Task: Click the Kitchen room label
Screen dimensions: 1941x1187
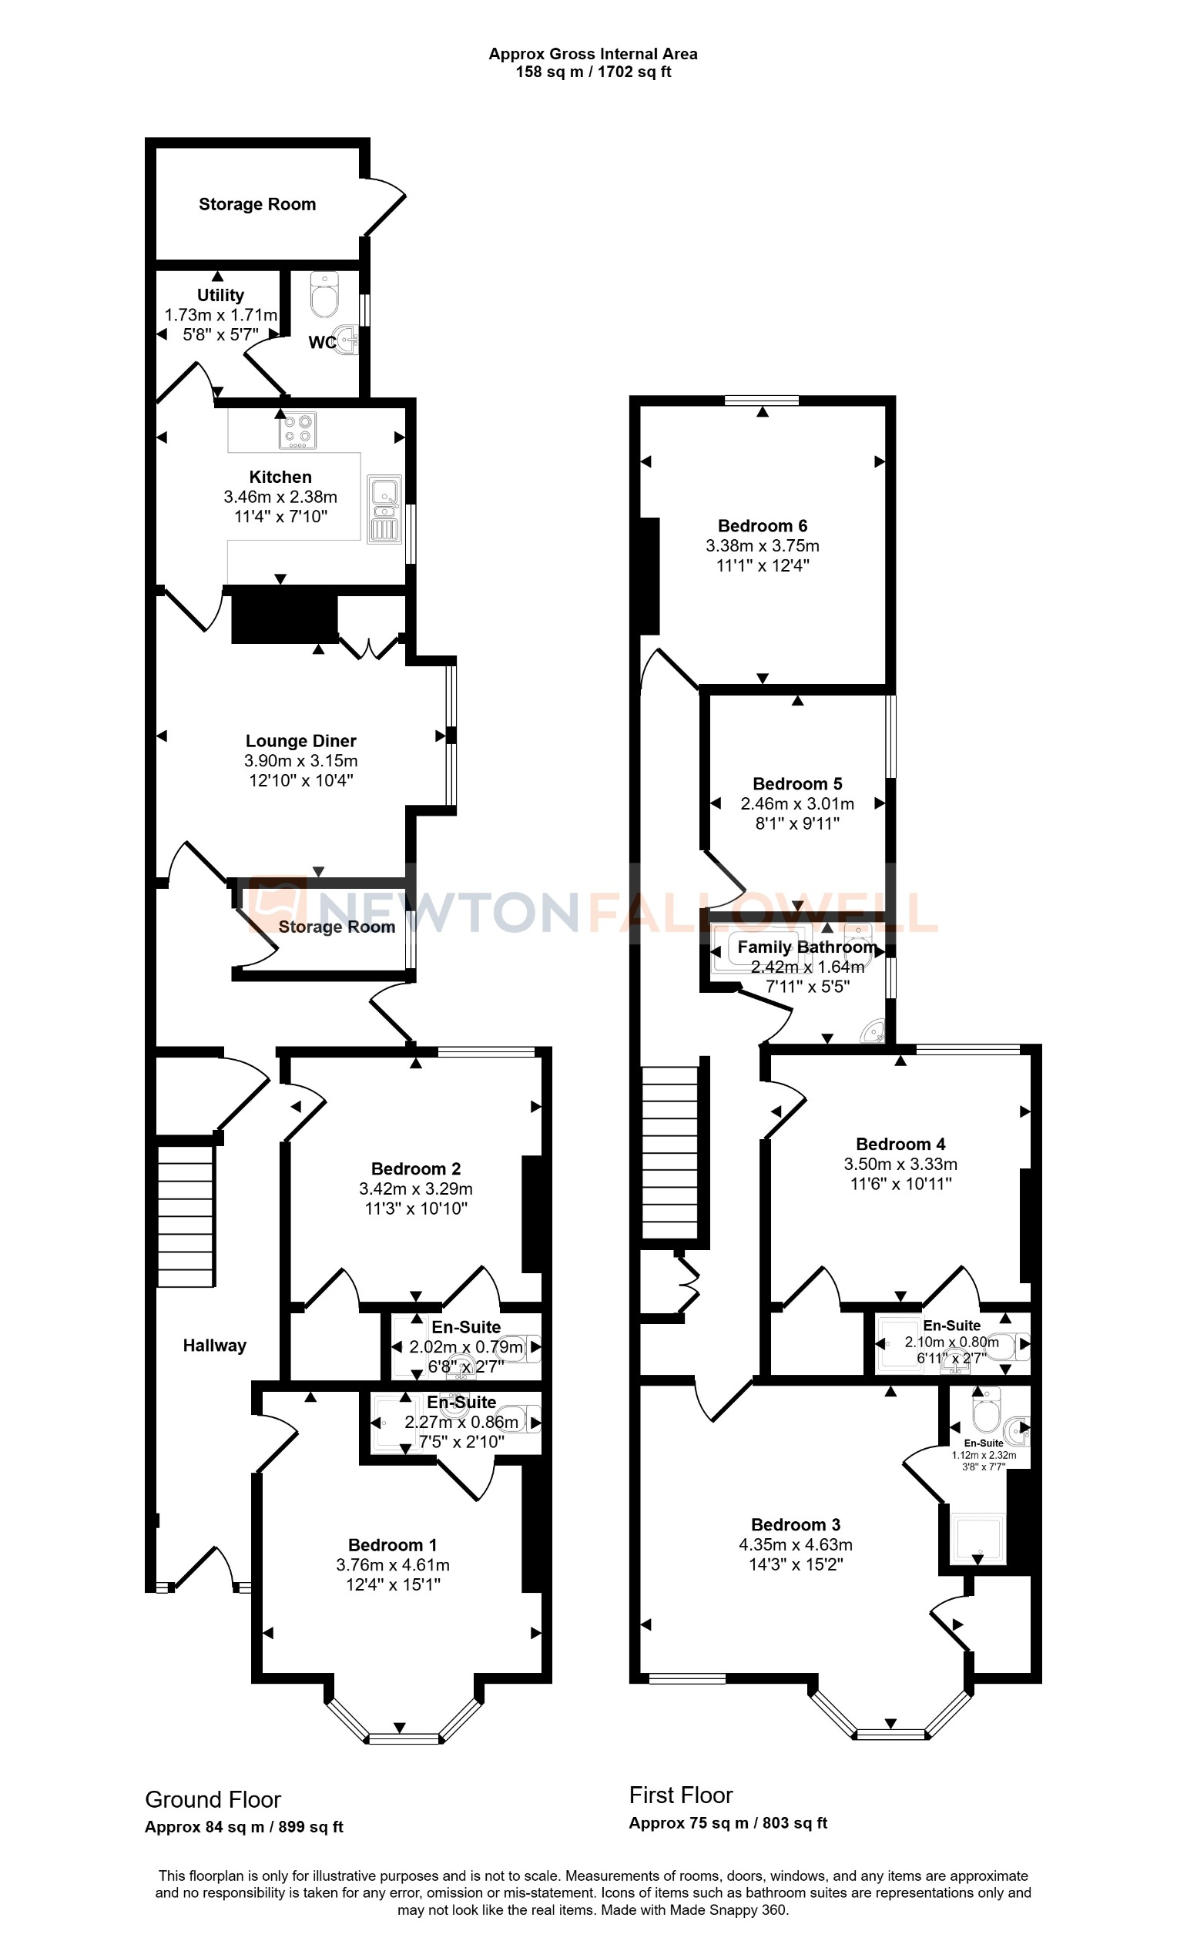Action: [x=280, y=477]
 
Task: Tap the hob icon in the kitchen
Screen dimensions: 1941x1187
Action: [x=298, y=431]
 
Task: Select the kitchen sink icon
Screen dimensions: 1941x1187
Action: [x=384, y=508]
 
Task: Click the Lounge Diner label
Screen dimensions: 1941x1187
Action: [x=301, y=740]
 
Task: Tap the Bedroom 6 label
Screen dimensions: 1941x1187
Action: [x=762, y=525]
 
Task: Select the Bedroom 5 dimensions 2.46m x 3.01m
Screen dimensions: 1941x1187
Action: [x=797, y=803]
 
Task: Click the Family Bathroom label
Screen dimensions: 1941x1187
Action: [x=806, y=947]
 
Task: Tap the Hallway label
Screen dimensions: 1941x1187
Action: [x=214, y=1346]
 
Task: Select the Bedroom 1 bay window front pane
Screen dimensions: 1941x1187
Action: [x=404, y=1738]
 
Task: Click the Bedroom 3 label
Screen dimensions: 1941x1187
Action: [x=795, y=1524]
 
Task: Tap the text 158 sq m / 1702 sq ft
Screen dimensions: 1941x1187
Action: [x=592, y=72]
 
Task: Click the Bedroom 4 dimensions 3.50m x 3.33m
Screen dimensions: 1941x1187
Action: [x=900, y=1164]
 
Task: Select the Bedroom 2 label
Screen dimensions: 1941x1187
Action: [x=416, y=1168]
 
